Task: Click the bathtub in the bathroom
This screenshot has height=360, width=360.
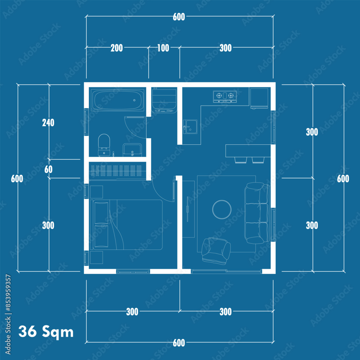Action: pyautogui.click(x=118, y=100)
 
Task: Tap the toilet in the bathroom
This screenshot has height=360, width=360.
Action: pyautogui.click(x=104, y=145)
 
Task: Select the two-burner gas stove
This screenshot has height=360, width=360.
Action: pyautogui.click(x=225, y=96)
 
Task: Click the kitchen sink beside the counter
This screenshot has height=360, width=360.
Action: pyautogui.click(x=190, y=127)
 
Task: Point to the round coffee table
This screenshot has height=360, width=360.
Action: pyautogui.click(x=222, y=210)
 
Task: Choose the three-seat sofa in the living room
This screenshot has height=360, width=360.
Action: pyautogui.click(x=257, y=213)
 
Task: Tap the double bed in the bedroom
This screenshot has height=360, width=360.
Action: pyautogui.click(x=126, y=225)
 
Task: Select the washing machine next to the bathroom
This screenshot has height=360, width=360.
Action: pyautogui.click(x=164, y=100)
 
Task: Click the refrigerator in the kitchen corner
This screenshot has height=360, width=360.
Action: pyautogui.click(x=259, y=98)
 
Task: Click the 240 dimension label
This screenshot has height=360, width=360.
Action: pyautogui.click(x=48, y=123)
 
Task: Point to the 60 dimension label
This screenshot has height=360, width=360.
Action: pyautogui.click(x=49, y=170)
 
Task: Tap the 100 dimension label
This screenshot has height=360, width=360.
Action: pyautogui.click(x=163, y=48)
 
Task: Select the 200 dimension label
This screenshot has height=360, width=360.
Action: pyautogui.click(x=117, y=48)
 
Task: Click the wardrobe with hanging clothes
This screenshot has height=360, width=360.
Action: pyautogui.click(x=118, y=171)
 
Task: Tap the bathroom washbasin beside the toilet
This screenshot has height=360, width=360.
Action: pyautogui.click(x=132, y=150)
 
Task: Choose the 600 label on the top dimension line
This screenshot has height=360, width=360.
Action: pyautogui.click(x=179, y=17)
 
